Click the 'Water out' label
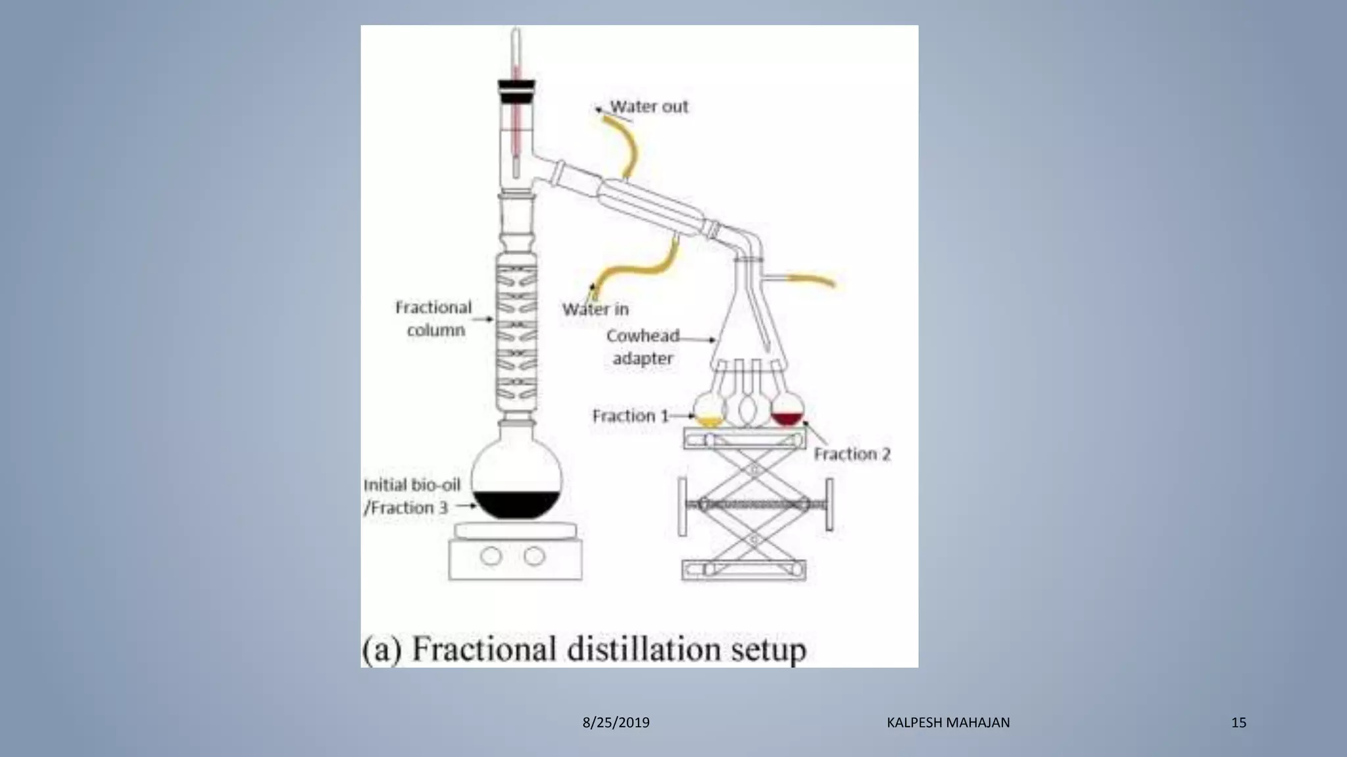(x=649, y=106)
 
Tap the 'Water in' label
(x=595, y=309)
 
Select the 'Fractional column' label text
(x=434, y=319)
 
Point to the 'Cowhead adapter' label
(x=643, y=347)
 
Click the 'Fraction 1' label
(x=630, y=416)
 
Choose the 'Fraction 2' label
(x=852, y=454)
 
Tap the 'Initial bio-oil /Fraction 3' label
(x=411, y=496)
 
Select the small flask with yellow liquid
(x=710, y=411)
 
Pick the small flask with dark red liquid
(x=787, y=411)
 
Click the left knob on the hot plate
(x=491, y=557)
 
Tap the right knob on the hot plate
(x=534, y=557)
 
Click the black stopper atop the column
(x=516, y=92)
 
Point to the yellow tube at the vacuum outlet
(x=812, y=281)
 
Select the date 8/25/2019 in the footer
(x=616, y=723)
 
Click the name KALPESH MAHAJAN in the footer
(x=948, y=723)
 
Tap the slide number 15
(x=1238, y=723)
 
